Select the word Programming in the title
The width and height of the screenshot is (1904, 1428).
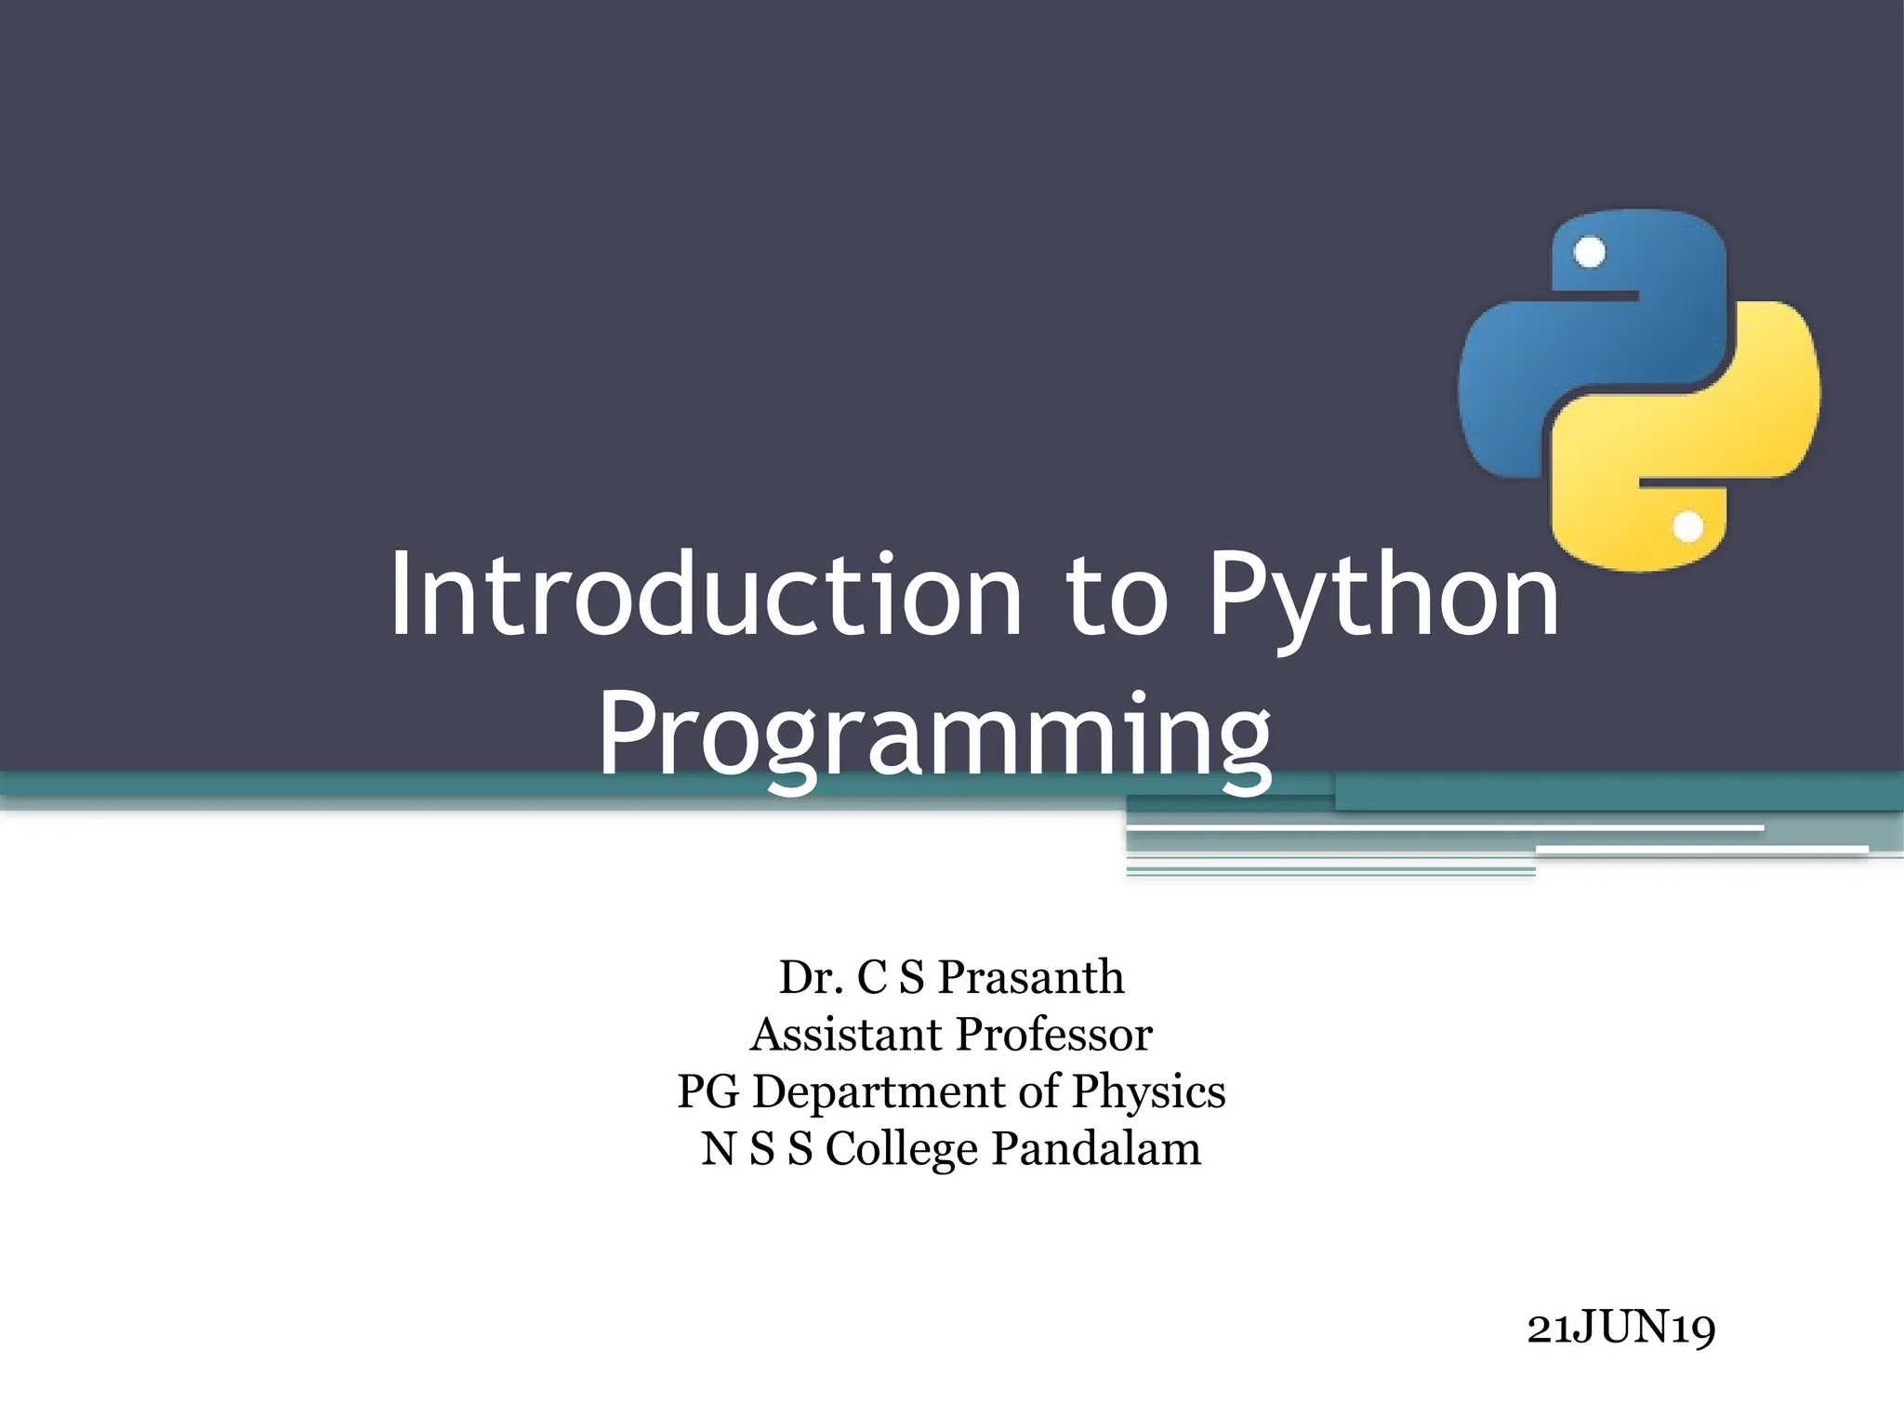tap(934, 736)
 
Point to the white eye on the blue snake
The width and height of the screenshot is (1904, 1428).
tap(1590, 253)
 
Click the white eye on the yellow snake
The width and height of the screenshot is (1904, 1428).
tap(1687, 527)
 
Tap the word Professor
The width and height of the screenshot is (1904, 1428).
tap(1054, 1035)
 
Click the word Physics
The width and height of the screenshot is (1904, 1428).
tap(1148, 1093)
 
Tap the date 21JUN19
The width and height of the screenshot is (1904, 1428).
tap(1620, 1329)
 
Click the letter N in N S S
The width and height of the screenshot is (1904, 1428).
tap(719, 1149)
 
